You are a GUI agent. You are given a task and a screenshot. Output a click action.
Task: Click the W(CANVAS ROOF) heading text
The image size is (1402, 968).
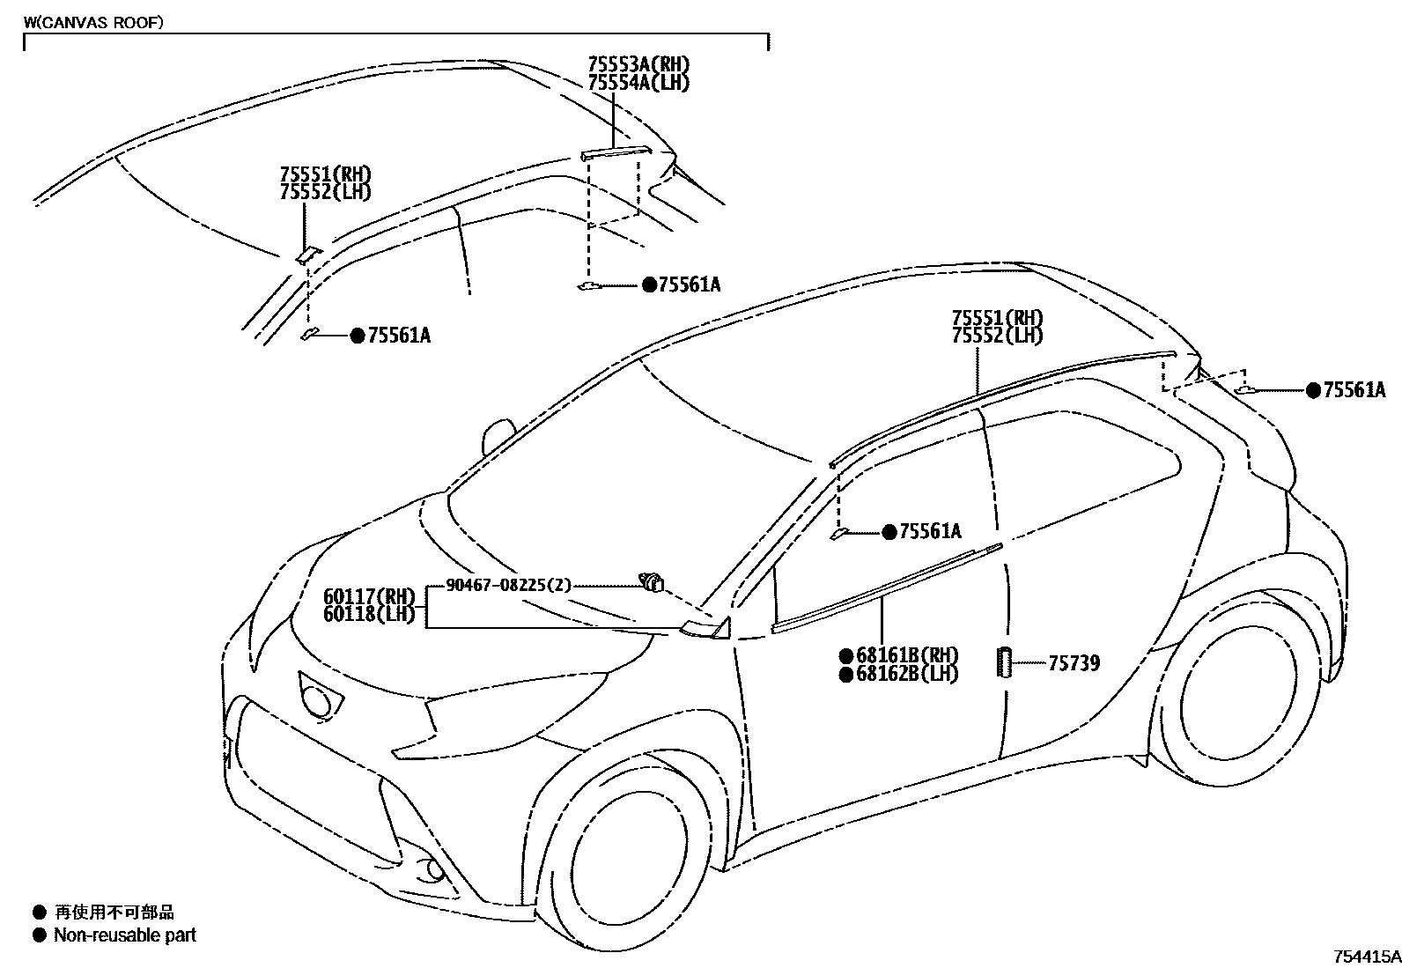(x=92, y=24)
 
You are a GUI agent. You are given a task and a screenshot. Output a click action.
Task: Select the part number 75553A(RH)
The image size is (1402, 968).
(x=638, y=64)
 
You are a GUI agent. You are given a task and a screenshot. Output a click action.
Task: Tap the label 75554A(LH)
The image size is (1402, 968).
(x=638, y=83)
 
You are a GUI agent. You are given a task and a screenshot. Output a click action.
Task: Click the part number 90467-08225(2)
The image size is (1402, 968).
(x=509, y=585)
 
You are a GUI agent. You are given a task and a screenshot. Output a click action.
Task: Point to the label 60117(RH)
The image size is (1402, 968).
(x=369, y=597)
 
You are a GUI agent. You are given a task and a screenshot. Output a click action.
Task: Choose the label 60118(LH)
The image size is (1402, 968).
(x=369, y=615)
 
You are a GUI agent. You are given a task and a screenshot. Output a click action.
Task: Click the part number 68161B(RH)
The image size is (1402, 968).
(x=906, y=656)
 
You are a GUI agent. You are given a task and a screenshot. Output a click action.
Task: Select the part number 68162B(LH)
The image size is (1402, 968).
(x=906, y=675)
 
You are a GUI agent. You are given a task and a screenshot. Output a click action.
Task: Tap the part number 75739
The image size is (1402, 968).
(x=1074, y=663)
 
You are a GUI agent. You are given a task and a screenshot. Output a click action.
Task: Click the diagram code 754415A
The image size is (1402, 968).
(x=1365, y=957)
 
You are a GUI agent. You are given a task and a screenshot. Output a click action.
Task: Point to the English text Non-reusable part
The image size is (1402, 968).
(x=125, y=935)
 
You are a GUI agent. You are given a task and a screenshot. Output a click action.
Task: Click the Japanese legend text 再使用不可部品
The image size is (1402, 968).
(x=114, y=913)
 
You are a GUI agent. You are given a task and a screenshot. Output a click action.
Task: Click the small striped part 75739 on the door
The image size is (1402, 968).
(x=1004, y=662)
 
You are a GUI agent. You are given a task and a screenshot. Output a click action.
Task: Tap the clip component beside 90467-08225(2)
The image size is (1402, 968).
(x=652, y=581)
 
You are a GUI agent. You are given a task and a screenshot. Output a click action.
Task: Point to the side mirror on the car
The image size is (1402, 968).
(x=498, y=436)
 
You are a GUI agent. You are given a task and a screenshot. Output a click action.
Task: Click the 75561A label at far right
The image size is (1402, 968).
(x=1354, y=390)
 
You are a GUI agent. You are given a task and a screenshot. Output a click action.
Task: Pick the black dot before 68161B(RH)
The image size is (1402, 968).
(x=845, y=656)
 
